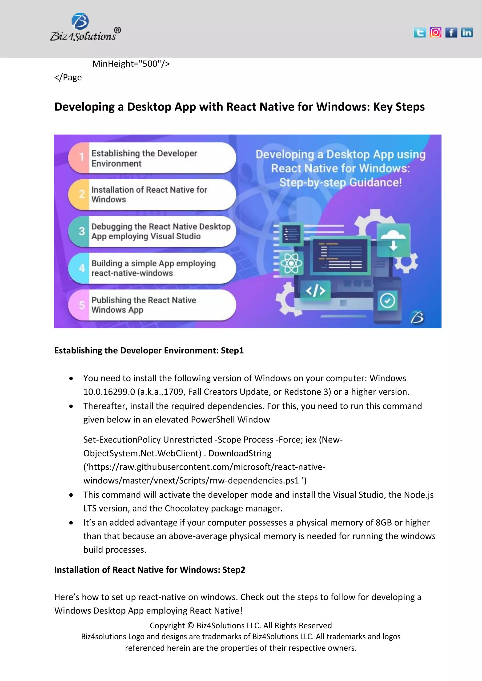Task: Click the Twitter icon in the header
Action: tap(420, 32)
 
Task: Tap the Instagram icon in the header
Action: tap(435, 32)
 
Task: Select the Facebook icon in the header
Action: tap(451, 32)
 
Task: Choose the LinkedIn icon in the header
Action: tap(467, 32)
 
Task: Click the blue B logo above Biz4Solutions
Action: tap(80, 21)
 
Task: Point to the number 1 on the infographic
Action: tap(82, 157)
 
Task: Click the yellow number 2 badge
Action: tap(82, 194)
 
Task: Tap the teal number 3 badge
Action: tap(82, 231)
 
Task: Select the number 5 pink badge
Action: tap(82, 305)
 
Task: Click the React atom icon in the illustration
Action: tap(291, 263)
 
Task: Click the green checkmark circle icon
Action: tap(387, 301)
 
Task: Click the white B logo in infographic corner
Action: tap(417, 317)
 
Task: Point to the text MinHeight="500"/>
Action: tap(131, 64)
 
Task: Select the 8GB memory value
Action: tap(383, 522)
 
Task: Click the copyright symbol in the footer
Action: tap(191, 626)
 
